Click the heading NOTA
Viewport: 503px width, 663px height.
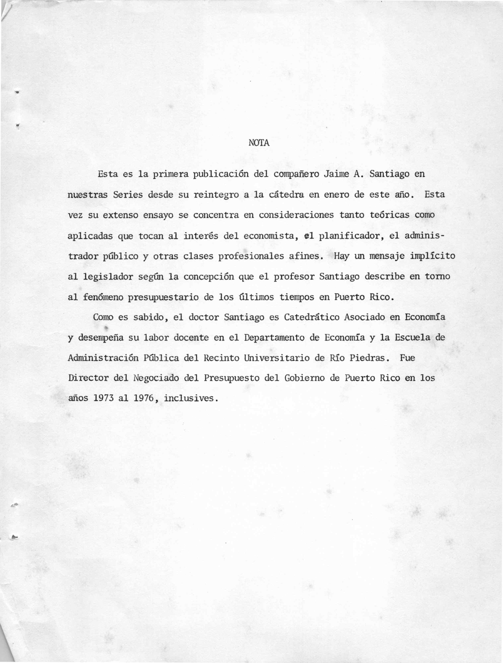[x=259, y=143]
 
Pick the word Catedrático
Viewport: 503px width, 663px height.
[x=312, y=317]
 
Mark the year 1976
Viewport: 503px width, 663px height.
[x=144, y=399]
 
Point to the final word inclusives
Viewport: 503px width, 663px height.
[x=189, y=399]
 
